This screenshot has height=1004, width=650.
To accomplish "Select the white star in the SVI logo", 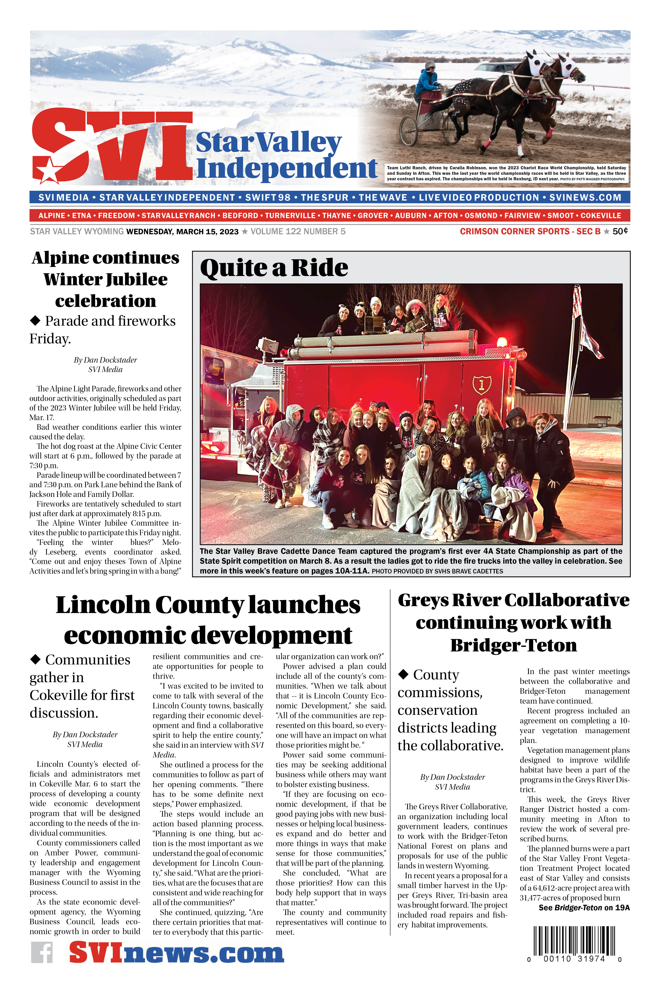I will (46, 170).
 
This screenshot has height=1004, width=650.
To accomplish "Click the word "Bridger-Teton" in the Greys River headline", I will (513, 646).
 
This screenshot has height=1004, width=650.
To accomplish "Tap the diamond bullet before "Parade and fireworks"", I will (35, 321).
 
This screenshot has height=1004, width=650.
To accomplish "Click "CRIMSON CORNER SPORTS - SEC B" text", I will (530, 231).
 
